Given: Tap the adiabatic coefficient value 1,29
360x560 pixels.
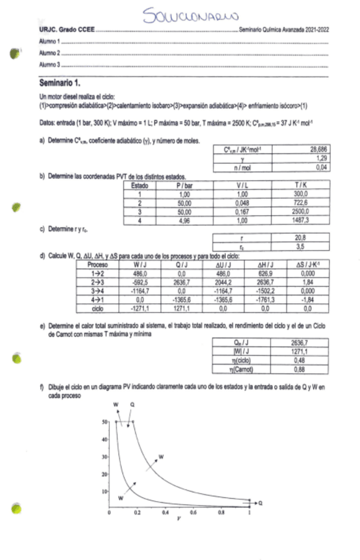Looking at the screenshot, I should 320,159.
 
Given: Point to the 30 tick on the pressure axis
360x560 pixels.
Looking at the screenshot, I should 104,456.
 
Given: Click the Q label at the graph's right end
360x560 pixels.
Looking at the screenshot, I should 260,503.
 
